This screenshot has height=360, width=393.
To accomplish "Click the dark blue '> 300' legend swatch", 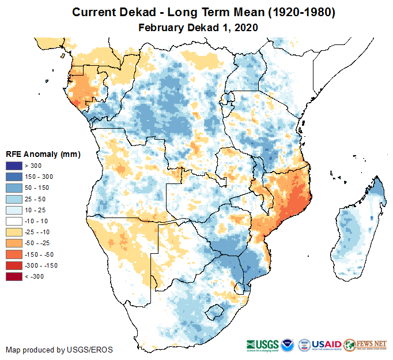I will [14, 166].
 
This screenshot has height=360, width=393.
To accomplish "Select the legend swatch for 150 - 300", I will [14, 175].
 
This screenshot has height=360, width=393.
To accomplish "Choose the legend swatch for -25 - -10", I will [14, 231].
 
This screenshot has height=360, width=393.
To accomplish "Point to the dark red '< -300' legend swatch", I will [14, 277].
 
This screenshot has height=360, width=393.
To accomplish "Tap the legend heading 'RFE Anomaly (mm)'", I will [42, 155].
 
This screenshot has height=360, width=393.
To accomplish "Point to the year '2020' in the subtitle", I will [245, 27].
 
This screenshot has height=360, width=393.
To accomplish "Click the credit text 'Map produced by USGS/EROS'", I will [59, 350].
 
